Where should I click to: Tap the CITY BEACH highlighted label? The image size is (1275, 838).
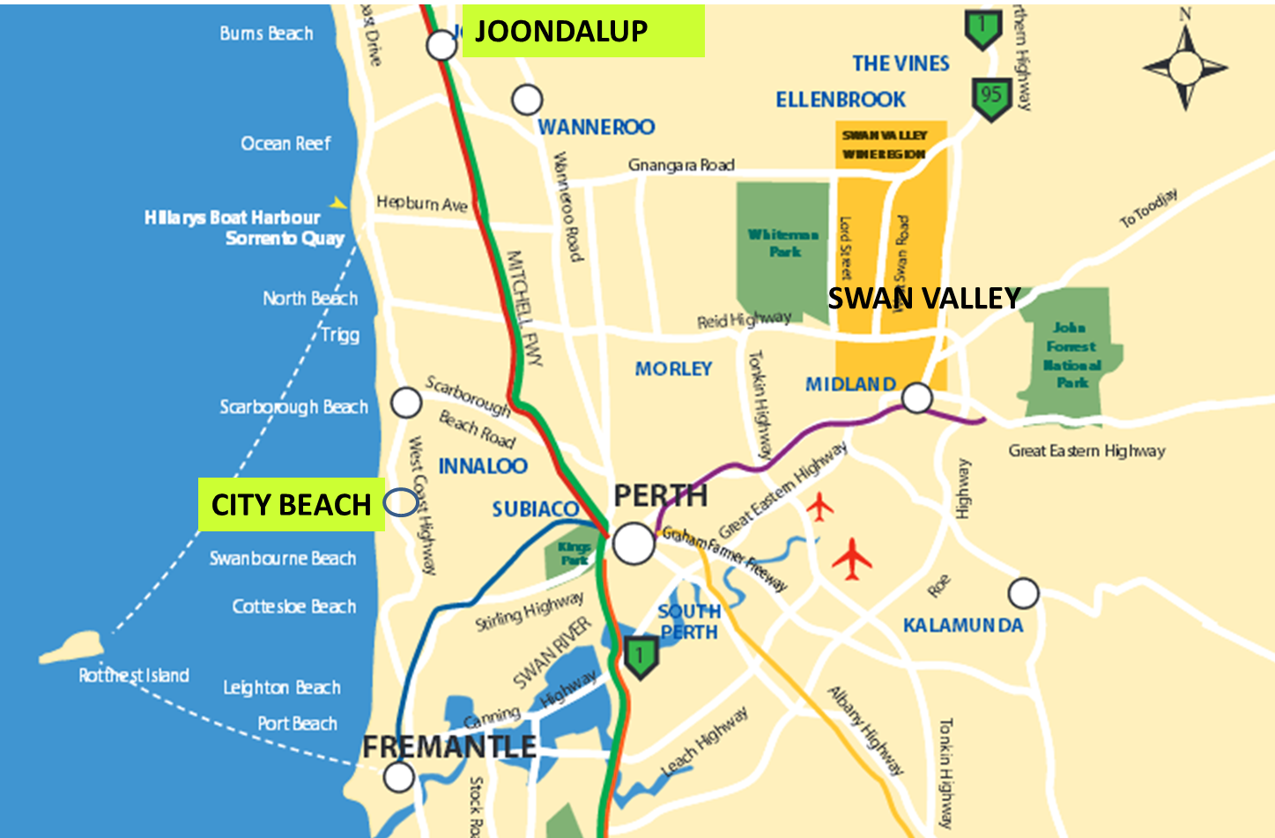click(x=292, y=505)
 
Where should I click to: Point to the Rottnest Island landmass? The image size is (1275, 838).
click(x=70, y=647)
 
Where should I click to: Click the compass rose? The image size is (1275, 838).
click(x=1185, y=67)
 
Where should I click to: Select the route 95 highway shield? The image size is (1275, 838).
click(x=991, y=97)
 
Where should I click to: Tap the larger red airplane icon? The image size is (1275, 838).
click(x=851, y=558)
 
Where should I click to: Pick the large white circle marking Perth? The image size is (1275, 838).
click(x=634, y=543)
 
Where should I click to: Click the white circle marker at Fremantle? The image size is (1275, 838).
click(x=399, y=777)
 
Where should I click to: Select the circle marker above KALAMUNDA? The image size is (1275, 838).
click(x=1023, y=594)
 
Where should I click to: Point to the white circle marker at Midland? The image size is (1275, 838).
click(x=917, y=398)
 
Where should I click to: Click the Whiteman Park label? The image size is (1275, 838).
click(x=783, y=242)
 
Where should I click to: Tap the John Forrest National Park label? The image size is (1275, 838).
click(x=1071, y=354)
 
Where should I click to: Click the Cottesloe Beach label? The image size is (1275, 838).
click(x=294, y=606)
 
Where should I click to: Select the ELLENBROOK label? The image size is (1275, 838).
click(x=841, y=100)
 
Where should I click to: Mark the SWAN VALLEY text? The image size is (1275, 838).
click(x=923, y=299)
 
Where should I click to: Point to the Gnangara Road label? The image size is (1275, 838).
click(x=681, y=165)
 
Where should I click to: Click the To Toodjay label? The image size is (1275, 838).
click(x=1148, y=209)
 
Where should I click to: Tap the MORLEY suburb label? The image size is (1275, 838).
click(x=673, y=368)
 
